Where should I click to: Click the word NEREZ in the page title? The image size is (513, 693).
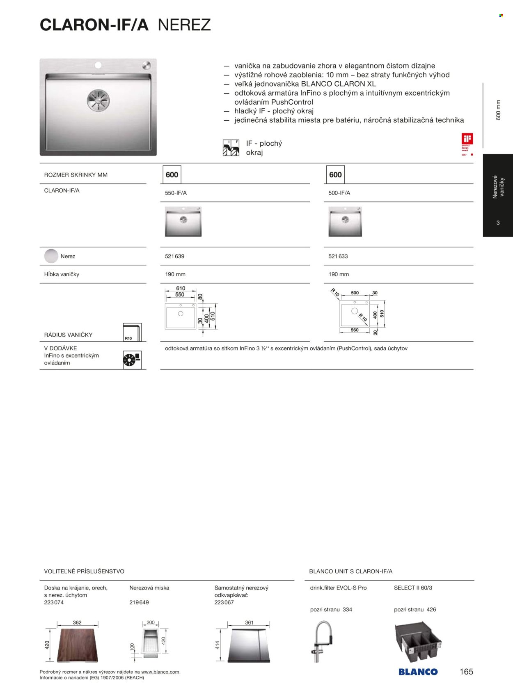tap(184, 25)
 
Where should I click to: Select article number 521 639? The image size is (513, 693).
tap(174, 256)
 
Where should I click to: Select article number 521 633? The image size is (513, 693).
tap(338, 256)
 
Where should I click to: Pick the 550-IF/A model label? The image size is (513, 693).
tap(176, 193)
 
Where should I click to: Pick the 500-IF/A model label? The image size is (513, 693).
tap(339, 193)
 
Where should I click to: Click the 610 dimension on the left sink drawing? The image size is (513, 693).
tap(181, 288)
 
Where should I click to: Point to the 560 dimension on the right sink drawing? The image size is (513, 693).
tap(355, 330)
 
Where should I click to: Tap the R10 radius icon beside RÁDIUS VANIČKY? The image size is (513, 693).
tap(132, 332)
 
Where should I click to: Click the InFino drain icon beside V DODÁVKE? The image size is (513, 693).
tap(132, 360)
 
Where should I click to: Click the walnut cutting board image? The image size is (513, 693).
tap(77, 645)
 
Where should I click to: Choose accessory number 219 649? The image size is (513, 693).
tap(139, 602)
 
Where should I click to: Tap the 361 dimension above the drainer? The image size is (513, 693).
tap(249, 622)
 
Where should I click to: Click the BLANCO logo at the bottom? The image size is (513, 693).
tap(418, 672)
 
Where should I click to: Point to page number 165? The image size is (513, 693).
tap(466, 672)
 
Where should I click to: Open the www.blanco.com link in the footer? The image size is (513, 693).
tap(160, 672)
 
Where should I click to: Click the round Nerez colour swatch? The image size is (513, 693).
tap(51, 256)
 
